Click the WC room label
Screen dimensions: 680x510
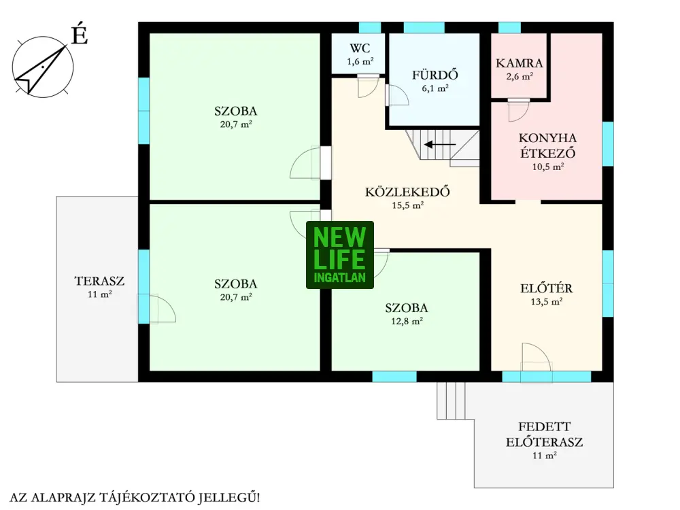coord(360,48)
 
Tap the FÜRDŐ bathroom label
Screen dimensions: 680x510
coord(435,75)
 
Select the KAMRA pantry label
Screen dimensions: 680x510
coord(519,63)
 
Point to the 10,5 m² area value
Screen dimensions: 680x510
coord(547,167)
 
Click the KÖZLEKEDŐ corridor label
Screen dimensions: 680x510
coord(407,192)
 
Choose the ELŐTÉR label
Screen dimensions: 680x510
coord(547,288)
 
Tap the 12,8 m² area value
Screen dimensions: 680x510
coord(407,322)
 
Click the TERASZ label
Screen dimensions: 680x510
coord(99,281)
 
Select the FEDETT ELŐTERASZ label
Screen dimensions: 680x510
coord(544,435)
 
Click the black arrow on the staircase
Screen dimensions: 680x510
coord(440,144)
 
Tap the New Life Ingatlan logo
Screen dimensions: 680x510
coord(340,255)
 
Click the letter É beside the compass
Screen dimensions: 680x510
coord(80,35)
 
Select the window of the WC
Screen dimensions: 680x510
coord(370,28)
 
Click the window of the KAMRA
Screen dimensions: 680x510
coord(509,28)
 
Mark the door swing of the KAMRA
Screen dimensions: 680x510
coord(519,111)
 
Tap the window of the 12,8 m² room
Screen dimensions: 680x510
coord(394,377)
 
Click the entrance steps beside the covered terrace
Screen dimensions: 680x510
coord(451,401)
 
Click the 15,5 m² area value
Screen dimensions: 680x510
coord(407,205)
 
